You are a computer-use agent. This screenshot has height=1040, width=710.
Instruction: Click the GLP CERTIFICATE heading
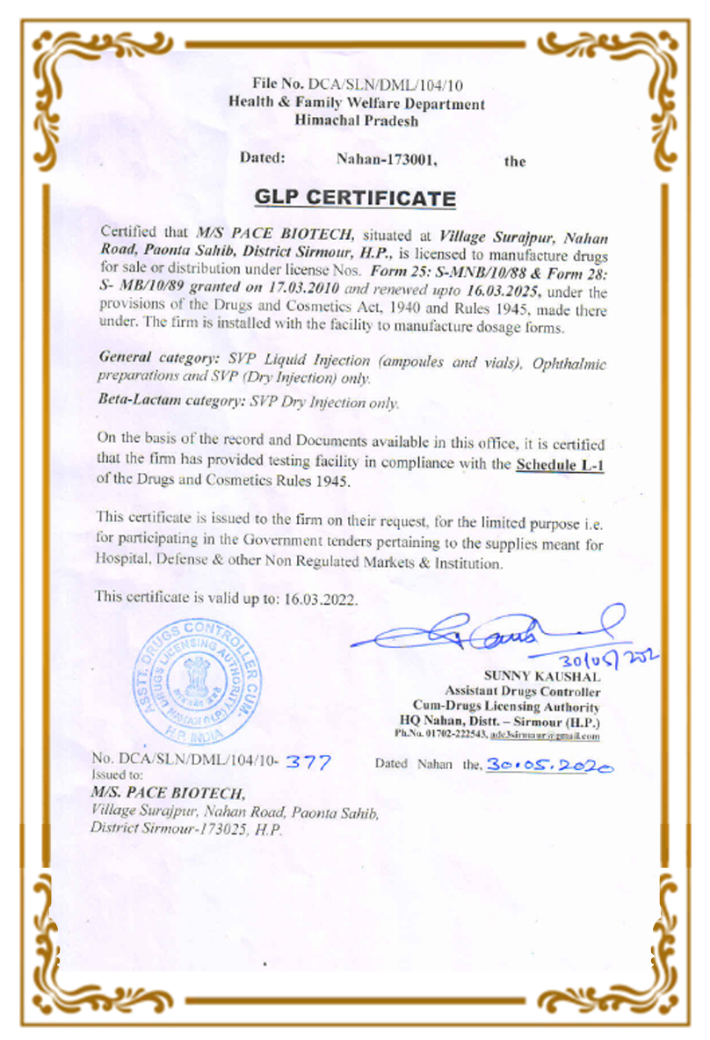coord(355,198)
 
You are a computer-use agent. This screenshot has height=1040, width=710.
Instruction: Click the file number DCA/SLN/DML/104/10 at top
coord(382,85)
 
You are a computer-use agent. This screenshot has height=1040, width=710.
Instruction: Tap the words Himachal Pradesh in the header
coord(356,121)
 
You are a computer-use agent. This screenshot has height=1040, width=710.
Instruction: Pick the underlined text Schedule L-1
coord(560,463)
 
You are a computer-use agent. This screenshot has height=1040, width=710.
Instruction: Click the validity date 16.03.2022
coord(322,597)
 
